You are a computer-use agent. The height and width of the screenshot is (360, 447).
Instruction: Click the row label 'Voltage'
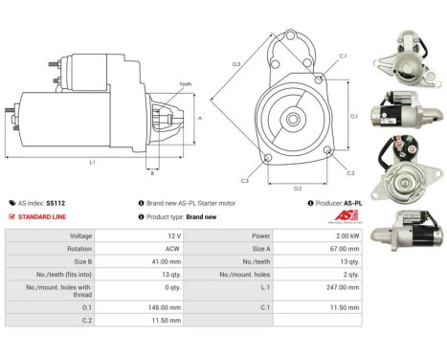(54, 235)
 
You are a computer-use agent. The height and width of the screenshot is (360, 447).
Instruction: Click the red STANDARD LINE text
(43, 216)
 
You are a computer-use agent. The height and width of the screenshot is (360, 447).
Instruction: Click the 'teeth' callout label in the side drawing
(185, 84)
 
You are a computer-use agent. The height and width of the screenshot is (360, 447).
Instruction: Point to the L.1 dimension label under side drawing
(92, 163)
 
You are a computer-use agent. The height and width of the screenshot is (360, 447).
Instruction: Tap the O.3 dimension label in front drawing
(235, 64)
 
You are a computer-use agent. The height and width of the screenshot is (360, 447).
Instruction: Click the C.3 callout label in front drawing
(245, 180)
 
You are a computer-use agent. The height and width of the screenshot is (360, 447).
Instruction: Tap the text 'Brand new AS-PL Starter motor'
(197, 203)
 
